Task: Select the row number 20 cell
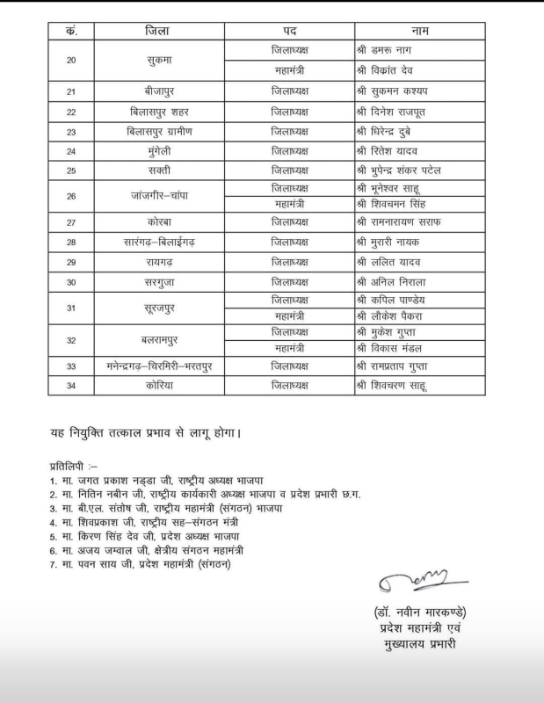pos(71,61)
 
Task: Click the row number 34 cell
pos(71,385)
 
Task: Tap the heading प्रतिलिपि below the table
pos(73,464)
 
